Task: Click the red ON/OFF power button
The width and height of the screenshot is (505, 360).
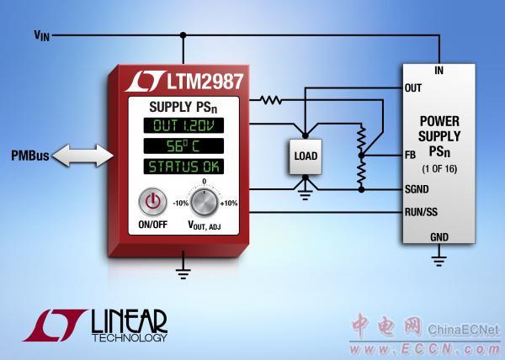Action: [x=152, y=203]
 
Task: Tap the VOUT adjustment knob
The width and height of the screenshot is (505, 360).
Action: [x=204, y=203]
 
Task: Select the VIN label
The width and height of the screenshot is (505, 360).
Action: [x=41, y=35]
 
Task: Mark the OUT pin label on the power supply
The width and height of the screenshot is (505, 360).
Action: [x=413, y=87]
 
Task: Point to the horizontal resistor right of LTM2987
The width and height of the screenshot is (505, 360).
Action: [x=271, y=100]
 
